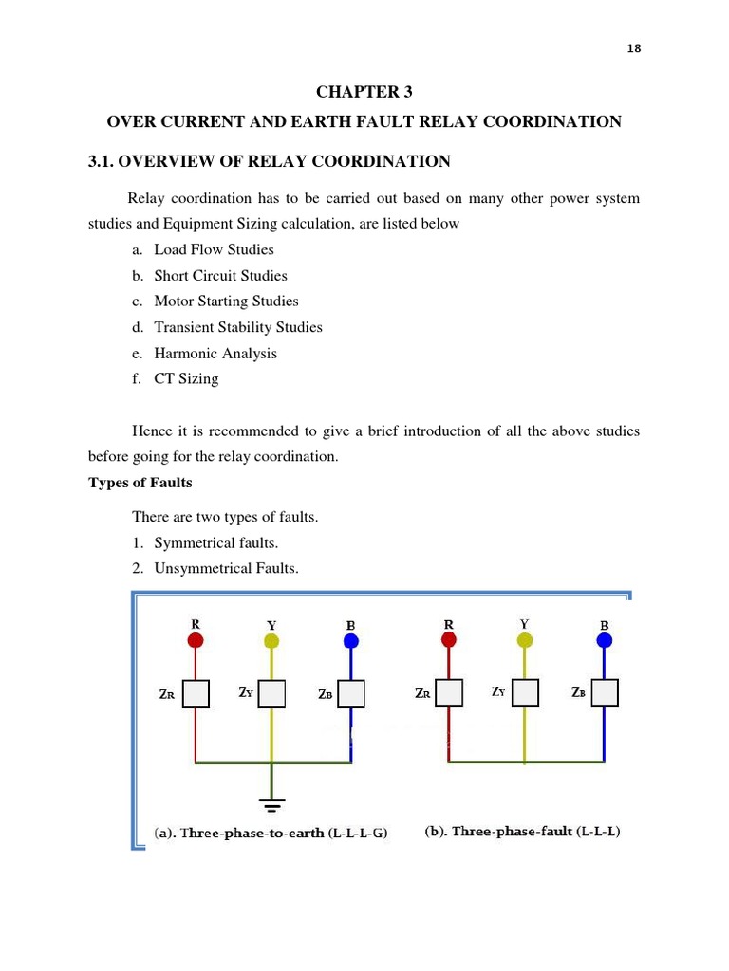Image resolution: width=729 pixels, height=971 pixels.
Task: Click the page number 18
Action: (634, 49)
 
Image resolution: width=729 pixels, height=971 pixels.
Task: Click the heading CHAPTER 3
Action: (364, 92)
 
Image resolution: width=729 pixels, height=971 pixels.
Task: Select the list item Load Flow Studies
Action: (214, 249)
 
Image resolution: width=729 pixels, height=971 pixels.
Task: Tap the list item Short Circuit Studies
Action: (220, 276)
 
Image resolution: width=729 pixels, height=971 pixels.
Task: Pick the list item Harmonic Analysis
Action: (215, 353)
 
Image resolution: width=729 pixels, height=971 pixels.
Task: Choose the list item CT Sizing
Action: (186, 378)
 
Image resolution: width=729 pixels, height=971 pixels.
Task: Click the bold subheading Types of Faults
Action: (140, 483)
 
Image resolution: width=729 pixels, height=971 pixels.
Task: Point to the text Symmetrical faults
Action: (215, 543)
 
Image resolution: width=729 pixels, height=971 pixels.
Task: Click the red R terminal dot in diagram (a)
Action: (196, 641)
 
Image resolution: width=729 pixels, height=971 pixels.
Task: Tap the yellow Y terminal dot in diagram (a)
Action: (271, 642)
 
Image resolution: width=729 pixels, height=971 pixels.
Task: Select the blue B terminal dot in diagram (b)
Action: (604, 641)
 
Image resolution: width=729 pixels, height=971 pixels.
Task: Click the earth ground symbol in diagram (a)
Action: (271, 806)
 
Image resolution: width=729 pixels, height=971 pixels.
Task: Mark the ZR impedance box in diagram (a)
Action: (196, 695)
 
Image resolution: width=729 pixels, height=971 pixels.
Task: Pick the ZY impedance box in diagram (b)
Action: (524, 694)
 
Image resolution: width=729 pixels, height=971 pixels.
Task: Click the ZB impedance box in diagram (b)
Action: (604, 694)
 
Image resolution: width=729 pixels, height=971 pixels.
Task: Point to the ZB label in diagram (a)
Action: (326, 694)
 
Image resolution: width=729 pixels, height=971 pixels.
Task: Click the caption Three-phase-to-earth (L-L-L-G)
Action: (271, 834)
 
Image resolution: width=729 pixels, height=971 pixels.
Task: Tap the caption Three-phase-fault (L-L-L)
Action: (522, 832)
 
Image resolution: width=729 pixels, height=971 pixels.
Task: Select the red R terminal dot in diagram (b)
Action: (448, 641)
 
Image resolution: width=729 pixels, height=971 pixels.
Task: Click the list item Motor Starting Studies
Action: (226, 302)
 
